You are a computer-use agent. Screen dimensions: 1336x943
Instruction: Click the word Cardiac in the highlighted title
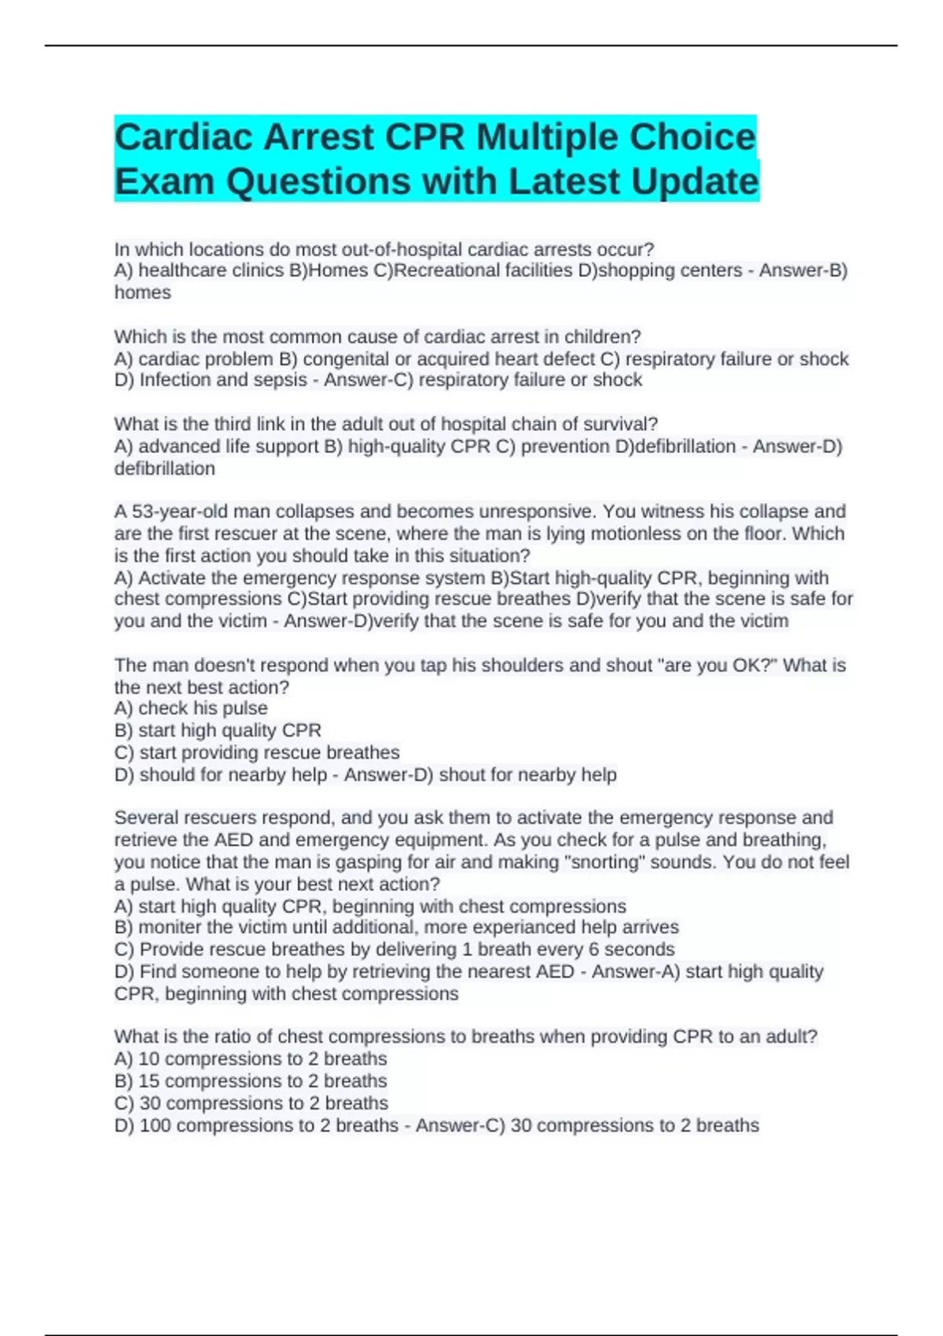point(183,137)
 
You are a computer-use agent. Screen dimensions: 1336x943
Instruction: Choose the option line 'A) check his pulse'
point(191,708)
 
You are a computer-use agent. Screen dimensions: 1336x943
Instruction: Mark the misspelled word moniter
point(171,927)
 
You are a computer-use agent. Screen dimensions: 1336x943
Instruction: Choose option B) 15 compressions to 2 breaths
point(251,1081)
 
